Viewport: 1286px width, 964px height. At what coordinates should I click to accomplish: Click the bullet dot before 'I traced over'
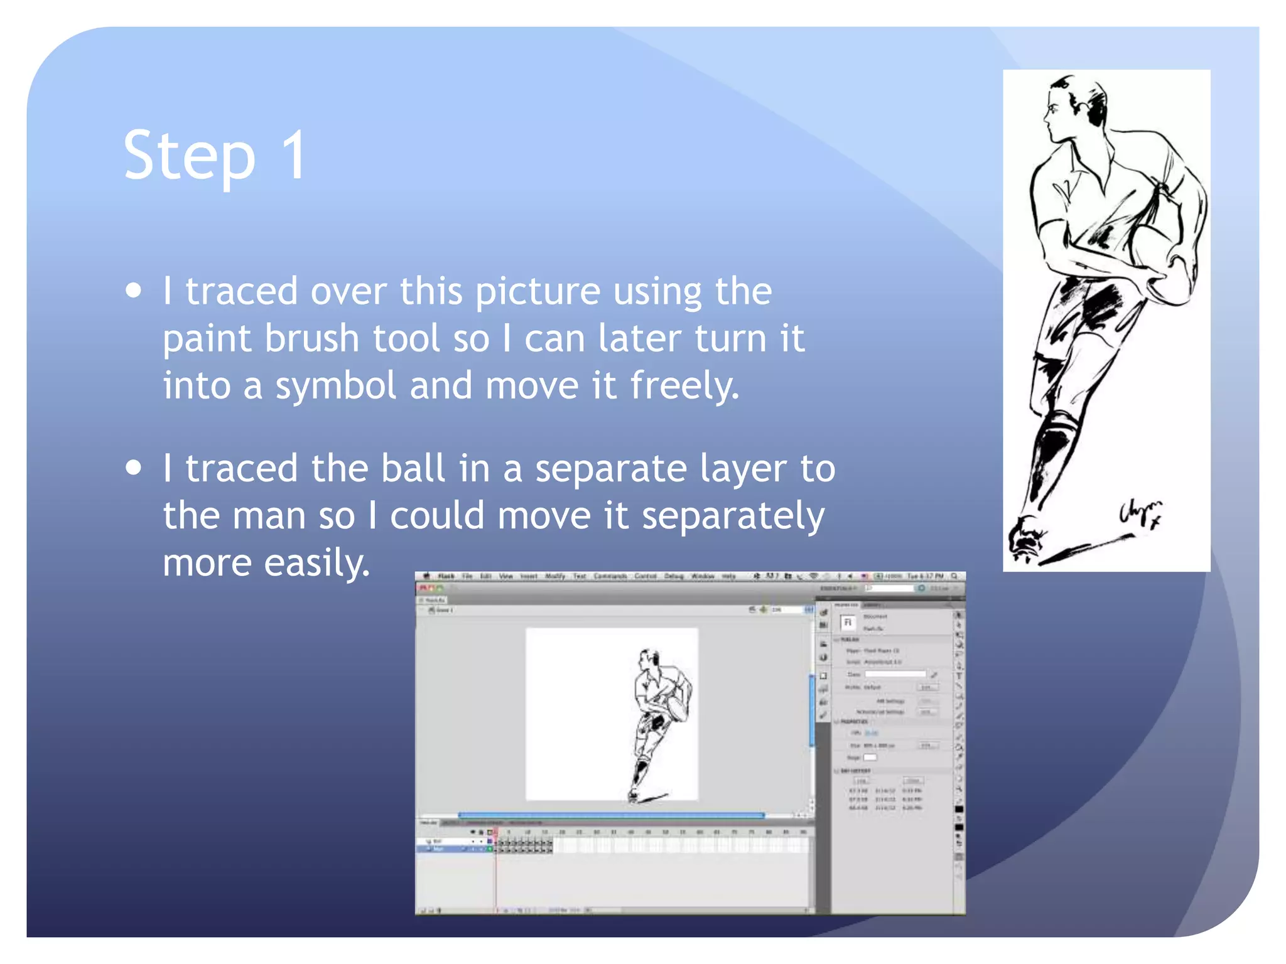click(x=133, y=291)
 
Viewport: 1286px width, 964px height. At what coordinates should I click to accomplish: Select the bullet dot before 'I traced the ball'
click(x=133, y=468)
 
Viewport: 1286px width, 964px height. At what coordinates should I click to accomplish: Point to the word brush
click(x=311, y=338)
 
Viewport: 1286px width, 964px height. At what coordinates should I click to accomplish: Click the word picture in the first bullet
click(x=538, y=292)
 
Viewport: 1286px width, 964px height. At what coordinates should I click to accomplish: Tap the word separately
click(x=733, y=516)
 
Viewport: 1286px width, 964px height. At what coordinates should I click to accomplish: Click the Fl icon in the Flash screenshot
click(x=848, y=622)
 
